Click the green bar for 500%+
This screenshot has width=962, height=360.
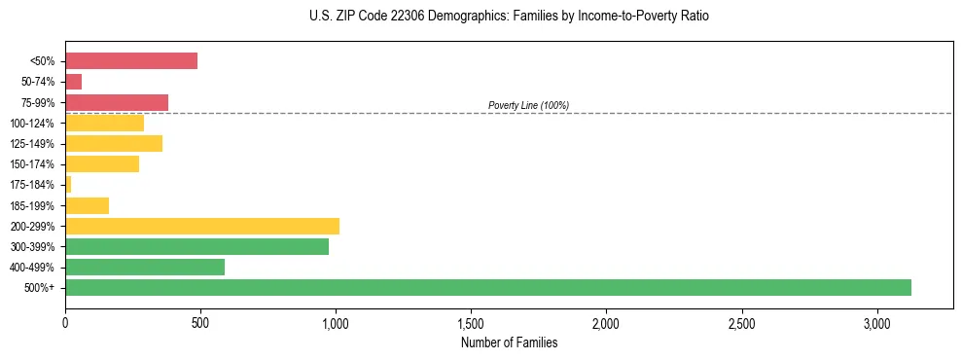tap(487, 287)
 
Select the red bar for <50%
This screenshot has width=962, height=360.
tap(131, 60)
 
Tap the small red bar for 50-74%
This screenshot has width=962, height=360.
tap(73, 82)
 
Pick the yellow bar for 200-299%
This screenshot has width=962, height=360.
tap(202, 226)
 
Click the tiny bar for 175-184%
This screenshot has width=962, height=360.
tap(68, 184)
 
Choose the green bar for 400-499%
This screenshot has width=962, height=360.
tap(145, 267)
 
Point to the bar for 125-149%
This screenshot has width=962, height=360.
tap(114, 143)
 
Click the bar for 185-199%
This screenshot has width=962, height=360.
tap(87, 205)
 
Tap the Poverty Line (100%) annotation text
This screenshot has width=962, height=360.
tap(528, 105)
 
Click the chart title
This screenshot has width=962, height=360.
tap(510, 17)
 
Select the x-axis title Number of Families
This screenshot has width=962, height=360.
tap(510, 342)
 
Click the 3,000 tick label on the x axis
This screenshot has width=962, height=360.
tap(876, 322)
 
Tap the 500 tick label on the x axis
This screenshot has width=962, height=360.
tap(200, 322)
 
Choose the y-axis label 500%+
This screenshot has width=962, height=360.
tap(43, 288)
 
